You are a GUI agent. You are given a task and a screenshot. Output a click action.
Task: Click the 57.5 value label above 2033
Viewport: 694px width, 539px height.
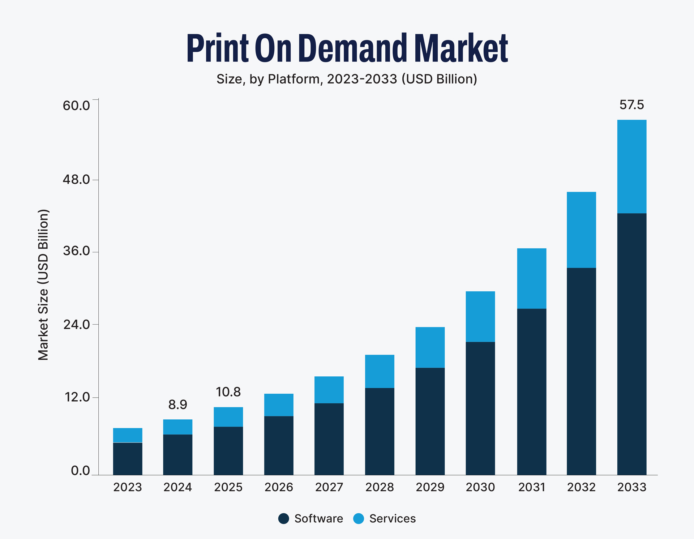[631, 105]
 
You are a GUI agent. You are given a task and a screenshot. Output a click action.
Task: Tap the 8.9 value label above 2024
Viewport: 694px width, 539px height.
[177, 405]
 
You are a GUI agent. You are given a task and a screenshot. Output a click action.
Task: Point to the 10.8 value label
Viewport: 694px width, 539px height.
[228, 392]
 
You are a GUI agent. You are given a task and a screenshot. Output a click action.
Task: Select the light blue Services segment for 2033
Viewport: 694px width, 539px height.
[631, 166]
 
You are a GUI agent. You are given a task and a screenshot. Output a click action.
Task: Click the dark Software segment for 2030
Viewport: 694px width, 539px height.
[480, 408]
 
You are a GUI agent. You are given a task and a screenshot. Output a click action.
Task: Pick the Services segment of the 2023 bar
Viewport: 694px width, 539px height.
[128, 435]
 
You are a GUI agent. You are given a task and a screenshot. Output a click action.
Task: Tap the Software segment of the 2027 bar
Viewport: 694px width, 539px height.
[329, 439]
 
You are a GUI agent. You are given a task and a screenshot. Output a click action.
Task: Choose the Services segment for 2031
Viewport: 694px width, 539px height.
[531, 278]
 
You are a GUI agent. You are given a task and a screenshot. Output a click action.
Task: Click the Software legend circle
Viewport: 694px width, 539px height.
[284, 518]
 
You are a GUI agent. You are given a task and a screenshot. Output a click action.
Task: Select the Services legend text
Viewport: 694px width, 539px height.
[393, 518]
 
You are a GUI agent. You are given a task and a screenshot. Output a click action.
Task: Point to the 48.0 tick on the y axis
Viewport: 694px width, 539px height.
[76, 179]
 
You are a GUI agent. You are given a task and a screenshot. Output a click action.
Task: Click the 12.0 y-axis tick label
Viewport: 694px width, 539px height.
[77, 397]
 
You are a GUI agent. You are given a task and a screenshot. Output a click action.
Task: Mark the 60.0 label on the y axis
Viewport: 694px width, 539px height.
[76, 106]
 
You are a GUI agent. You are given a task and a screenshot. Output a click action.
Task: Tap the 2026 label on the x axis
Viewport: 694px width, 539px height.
[279, 487]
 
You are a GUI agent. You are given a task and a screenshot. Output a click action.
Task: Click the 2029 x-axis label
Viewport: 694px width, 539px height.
[430, 487]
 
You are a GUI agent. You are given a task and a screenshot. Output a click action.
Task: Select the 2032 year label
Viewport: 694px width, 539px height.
[581, 487]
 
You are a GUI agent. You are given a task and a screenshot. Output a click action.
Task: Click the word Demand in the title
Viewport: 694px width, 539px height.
[353, 48]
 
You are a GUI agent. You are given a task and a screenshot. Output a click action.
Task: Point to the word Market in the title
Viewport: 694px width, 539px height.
[461, 48]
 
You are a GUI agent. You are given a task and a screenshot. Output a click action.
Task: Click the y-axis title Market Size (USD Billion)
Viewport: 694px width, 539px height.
[43, 285]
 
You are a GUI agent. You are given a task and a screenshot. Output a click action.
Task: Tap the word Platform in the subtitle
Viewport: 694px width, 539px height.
[294, 79]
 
